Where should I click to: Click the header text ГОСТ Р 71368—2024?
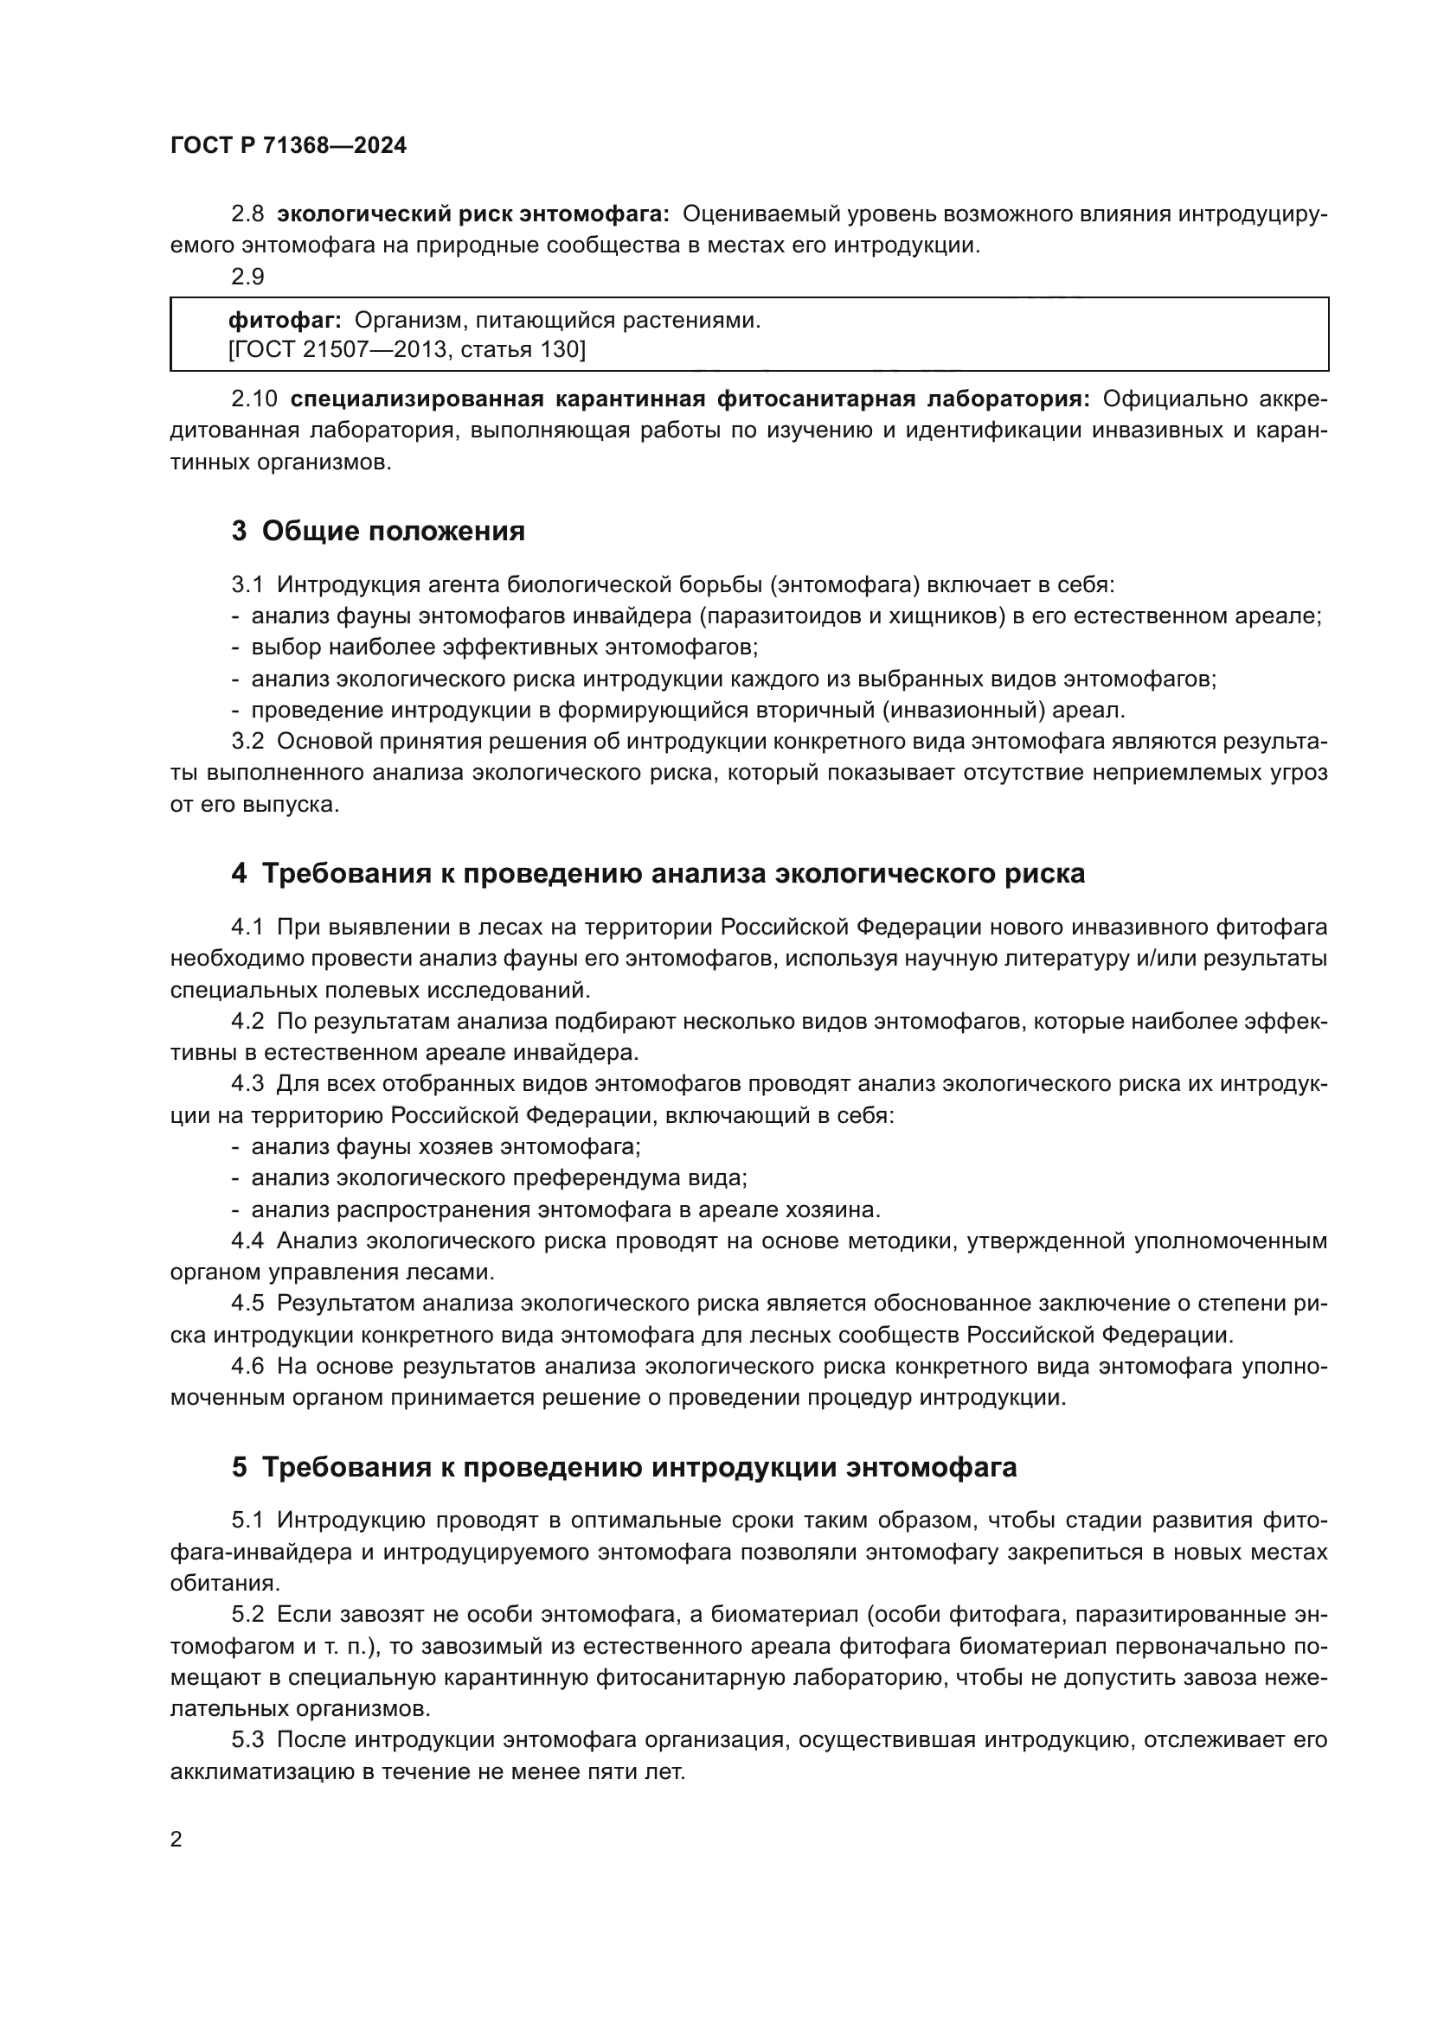(x=288, y=146)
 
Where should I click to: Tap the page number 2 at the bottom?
(x=176, y=1839)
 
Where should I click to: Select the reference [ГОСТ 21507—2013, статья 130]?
(x=407, y=350)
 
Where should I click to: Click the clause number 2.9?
(x=247, y=277)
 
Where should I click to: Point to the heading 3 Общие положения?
(x=378, y=531)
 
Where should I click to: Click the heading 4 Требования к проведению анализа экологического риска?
(x=658, y=874)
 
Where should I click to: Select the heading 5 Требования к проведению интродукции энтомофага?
(x=624, y=1467)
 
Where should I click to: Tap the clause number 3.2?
(x=247, y=742)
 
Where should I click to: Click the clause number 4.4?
(x=247, y=1241)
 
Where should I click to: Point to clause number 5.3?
(x=247, y=1740)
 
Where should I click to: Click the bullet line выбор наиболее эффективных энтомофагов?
(x=504, y=647)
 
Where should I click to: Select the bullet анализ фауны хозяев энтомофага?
(x=446, y=1146)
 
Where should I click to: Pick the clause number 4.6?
(x=247, y=1366)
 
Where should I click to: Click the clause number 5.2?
(x=247, y=1614)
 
